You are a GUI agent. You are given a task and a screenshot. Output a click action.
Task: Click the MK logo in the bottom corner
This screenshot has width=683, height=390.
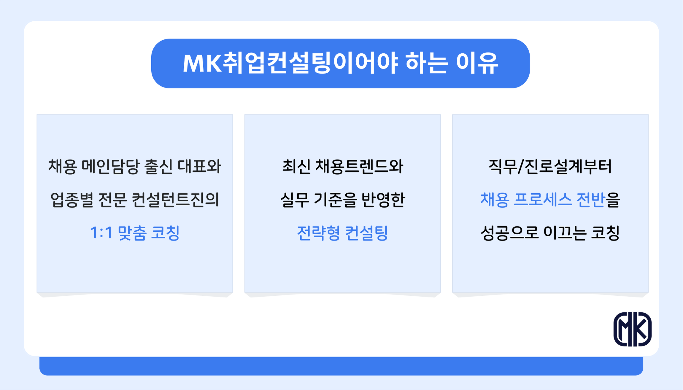click(x=632, y=329)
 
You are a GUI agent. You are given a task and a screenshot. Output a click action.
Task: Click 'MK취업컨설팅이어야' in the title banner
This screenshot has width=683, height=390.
click(x=290, y=63)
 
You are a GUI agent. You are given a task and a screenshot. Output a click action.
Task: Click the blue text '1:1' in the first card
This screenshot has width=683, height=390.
click(x=101, y=233)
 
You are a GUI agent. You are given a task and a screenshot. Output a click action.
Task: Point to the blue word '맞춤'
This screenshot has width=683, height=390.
click(x=132, y=233)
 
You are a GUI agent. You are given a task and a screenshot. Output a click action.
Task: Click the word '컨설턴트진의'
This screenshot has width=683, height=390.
click(x=175, y=200)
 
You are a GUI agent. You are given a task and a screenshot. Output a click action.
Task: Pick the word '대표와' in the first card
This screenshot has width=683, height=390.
click(x=199, y=166)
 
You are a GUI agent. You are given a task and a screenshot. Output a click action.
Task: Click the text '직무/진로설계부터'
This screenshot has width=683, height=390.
click(x=550, y=166)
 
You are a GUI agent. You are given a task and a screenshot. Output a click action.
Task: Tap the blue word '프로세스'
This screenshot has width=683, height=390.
click(x=542, y=200)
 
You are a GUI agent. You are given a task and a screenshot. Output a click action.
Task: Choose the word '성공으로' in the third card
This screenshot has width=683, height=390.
click(x=509, y=233)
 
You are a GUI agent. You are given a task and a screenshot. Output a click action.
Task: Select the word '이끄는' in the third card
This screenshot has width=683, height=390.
click(x=565, y=233)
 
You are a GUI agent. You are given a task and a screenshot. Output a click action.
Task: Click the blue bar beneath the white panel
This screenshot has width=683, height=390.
click(x=341, y=366)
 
